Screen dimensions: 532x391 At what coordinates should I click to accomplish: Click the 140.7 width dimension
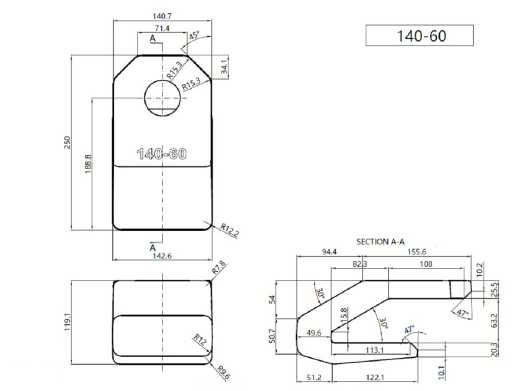[162, 16]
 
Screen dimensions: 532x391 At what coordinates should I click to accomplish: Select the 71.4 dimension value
[162, 28]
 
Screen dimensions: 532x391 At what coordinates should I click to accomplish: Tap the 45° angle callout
[194, 35]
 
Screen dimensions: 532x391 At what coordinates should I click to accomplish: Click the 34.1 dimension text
[224, 67]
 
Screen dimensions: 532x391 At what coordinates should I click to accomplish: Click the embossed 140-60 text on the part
[162, 154]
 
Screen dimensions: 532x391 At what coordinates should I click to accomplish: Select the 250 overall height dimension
[67, 142]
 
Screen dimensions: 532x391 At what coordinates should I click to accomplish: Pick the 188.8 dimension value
[88, 164]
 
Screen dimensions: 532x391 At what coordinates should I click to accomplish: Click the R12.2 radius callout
[230, 230]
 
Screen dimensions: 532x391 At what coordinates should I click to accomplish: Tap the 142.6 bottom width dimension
[162, 256]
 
